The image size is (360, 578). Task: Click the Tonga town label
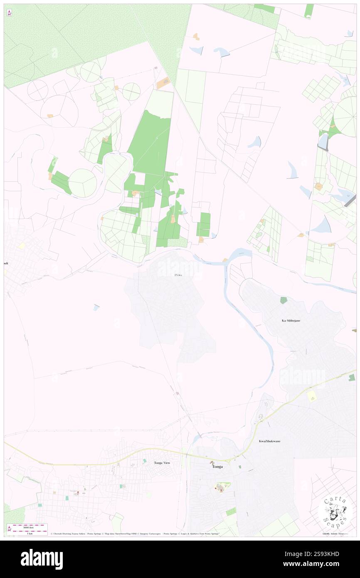[x=217, y=467]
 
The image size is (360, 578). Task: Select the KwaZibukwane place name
[x=269, y=441]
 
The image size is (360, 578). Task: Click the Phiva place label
[x=178, y=275]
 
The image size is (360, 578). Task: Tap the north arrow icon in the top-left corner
[x=9, y=13]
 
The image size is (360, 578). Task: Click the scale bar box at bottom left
[x=27, y=529]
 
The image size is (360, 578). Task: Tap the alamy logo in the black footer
[x=42, y=559]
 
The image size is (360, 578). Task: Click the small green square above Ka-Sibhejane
[x=284, y=300]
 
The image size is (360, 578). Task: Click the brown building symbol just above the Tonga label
[x=212, y=462]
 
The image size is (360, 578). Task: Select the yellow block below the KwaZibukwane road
[x=311, y=397]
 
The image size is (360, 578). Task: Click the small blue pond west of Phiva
[x=96, y=307]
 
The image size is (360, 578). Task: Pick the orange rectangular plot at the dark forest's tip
[x=163, y=83]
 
